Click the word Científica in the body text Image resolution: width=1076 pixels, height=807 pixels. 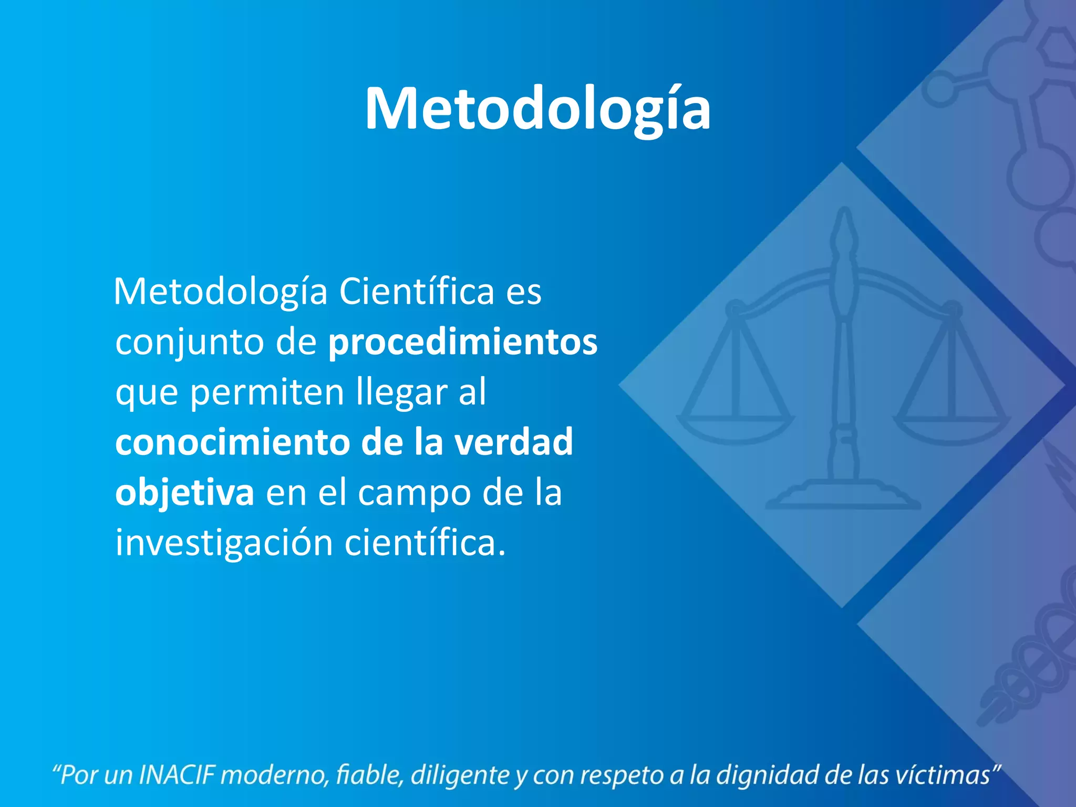[417, 292]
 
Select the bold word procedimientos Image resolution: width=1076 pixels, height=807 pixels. [462, 342]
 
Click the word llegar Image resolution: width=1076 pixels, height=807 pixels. [402, 393]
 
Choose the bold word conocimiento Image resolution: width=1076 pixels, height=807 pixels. [233, 442]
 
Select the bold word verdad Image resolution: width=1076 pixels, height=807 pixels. [513, 442]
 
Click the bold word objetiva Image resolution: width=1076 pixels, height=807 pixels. [184, 493]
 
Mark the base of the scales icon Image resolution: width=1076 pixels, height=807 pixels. [843, 496]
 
